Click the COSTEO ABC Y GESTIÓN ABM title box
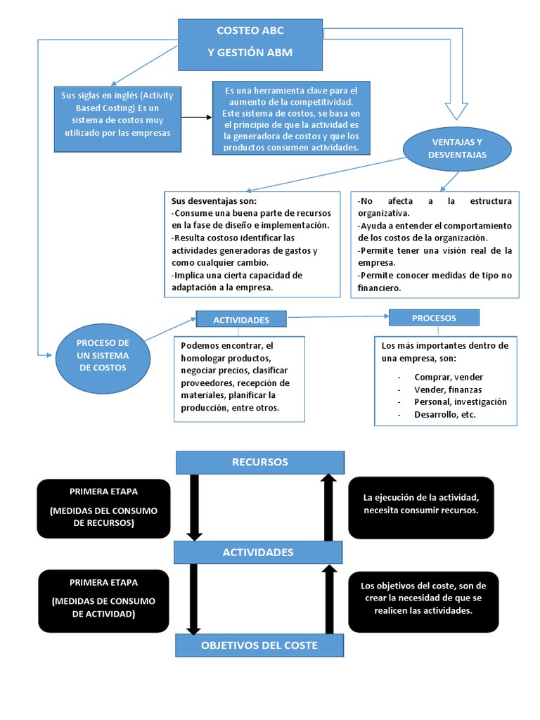pyautogui.click(x=250, y=41)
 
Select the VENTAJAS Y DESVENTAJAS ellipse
pyautogui.click(x=457, y=148)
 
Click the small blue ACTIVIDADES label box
pyautogui.click(x=241, y=320)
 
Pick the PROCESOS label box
pyautogui.click(x=434, y=318)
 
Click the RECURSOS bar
pyautogui.click(x=259, y=463)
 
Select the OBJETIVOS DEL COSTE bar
pyautogui.click(x=259, y=645)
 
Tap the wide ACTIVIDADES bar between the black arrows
pyautogui.click(x=257, y=553)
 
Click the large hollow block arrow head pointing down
pyautogui.click(x=456, y=109)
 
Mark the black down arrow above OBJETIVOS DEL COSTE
pyautogui.click(x=195, y=599)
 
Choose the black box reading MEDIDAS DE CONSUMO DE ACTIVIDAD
pyautogui.click(x=103, y=599)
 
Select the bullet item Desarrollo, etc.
pyautogui.click(x=444, y=415)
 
